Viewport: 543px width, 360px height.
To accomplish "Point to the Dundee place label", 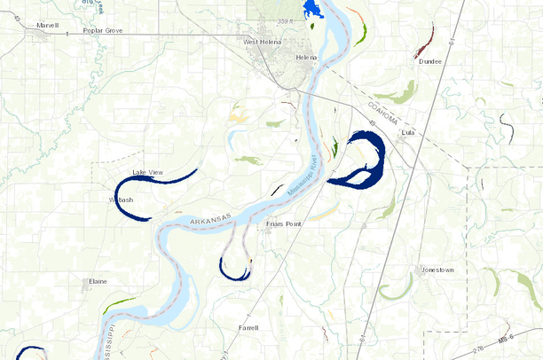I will pyautogui.click(x=429, y=61).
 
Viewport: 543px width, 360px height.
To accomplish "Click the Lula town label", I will pyautogui.click(x=408, y=133).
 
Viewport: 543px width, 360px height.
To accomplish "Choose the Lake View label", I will pyautogui.click(x=147, y=171).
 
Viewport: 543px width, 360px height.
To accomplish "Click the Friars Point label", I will pyautogui.click(x=284, y=224).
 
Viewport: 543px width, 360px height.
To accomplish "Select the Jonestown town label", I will pyautogui.click(x=437, y=269).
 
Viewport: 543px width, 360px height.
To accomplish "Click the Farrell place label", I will pyautogui.click(x=248, y=327).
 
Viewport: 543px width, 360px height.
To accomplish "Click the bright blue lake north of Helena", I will pyautogui.click(x=311, y=9).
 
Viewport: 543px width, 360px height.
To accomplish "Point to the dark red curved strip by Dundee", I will pyautogui.click(x=425, y=40).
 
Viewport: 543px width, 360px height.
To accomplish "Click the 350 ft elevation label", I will pyautogui.click(x=284, y=20).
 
